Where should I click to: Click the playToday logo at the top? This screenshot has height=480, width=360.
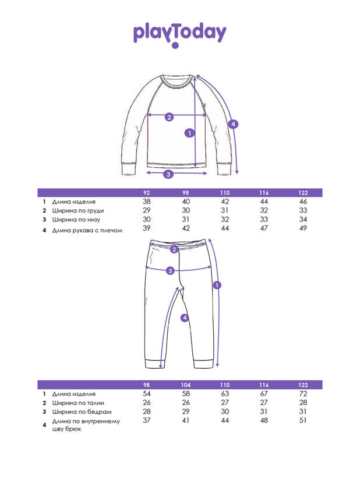[x=179, y=33]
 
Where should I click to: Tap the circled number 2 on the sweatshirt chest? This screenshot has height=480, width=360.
[x=170, y=117]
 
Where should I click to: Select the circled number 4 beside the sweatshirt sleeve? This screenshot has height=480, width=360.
[x=233, y=124]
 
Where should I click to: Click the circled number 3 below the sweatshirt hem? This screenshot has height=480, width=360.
[x=168, y=174]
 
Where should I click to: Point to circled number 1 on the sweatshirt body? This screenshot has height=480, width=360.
[x=189, y=133]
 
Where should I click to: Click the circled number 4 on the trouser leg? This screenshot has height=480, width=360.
[x=185, y=317]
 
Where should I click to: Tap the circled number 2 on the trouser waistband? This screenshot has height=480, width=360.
[x=174, y=249]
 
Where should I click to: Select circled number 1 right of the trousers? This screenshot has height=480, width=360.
[x=217, y=285]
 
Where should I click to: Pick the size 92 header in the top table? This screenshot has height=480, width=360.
[x=147, y=193]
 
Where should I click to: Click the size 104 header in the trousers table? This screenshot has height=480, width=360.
[x=186, y=385]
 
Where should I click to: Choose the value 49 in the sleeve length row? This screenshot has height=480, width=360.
[x=303, y=228]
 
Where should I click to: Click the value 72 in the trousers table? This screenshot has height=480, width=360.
[x=303, y=394]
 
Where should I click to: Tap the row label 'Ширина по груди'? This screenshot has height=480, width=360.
[x=78, y=211]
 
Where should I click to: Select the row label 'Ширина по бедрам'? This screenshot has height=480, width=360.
[x=82, y=412]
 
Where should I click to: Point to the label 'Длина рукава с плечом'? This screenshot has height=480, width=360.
[x=87, y=230]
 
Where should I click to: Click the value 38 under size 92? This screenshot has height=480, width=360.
[x=147, y=202]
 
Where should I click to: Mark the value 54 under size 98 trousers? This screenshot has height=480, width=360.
[x=147, y=394]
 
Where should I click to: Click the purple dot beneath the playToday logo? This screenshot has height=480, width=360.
[x=175, y=45]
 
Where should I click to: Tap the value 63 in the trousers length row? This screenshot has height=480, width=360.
[x=225, y=394]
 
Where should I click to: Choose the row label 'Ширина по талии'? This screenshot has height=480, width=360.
[x=78, y=403]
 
